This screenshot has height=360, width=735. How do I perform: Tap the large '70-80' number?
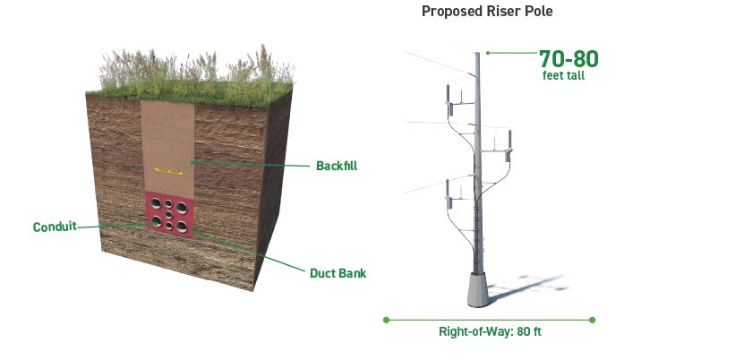coord(568,59)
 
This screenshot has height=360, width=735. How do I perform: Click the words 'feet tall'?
coord(564,76)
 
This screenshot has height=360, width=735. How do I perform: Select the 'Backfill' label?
coord(337,165)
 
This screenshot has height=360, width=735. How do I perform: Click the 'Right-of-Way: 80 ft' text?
coord(490,331)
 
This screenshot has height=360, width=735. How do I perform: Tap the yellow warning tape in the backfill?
coord(168,168)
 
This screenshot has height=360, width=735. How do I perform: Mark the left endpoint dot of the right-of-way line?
coord(386,319)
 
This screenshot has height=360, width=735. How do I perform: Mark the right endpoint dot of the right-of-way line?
coord(593,319)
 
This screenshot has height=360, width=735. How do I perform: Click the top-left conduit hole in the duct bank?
coord(156,203)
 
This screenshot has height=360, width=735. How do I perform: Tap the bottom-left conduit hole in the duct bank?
coord(157,221)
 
